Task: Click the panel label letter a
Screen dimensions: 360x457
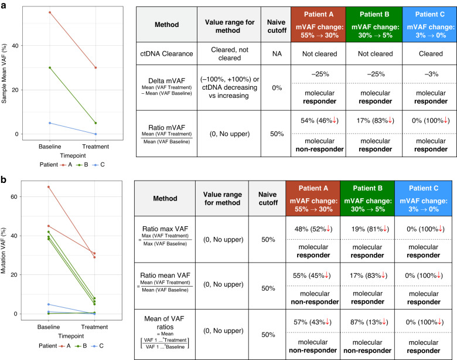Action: tap(4, 5)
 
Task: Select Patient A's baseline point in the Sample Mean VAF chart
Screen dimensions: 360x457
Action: tap(50, 12)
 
